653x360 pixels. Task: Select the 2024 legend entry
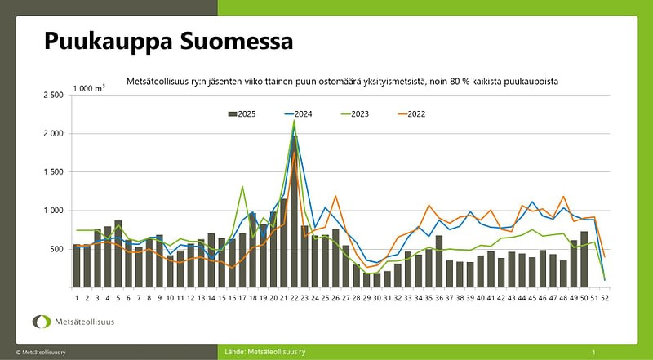296,114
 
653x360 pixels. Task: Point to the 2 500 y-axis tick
52,96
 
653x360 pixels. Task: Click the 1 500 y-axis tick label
52,172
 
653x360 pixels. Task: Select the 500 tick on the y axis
56,249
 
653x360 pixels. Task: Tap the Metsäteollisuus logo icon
41,321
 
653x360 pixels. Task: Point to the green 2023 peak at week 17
242,187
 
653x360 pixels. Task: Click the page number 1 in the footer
593,352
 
